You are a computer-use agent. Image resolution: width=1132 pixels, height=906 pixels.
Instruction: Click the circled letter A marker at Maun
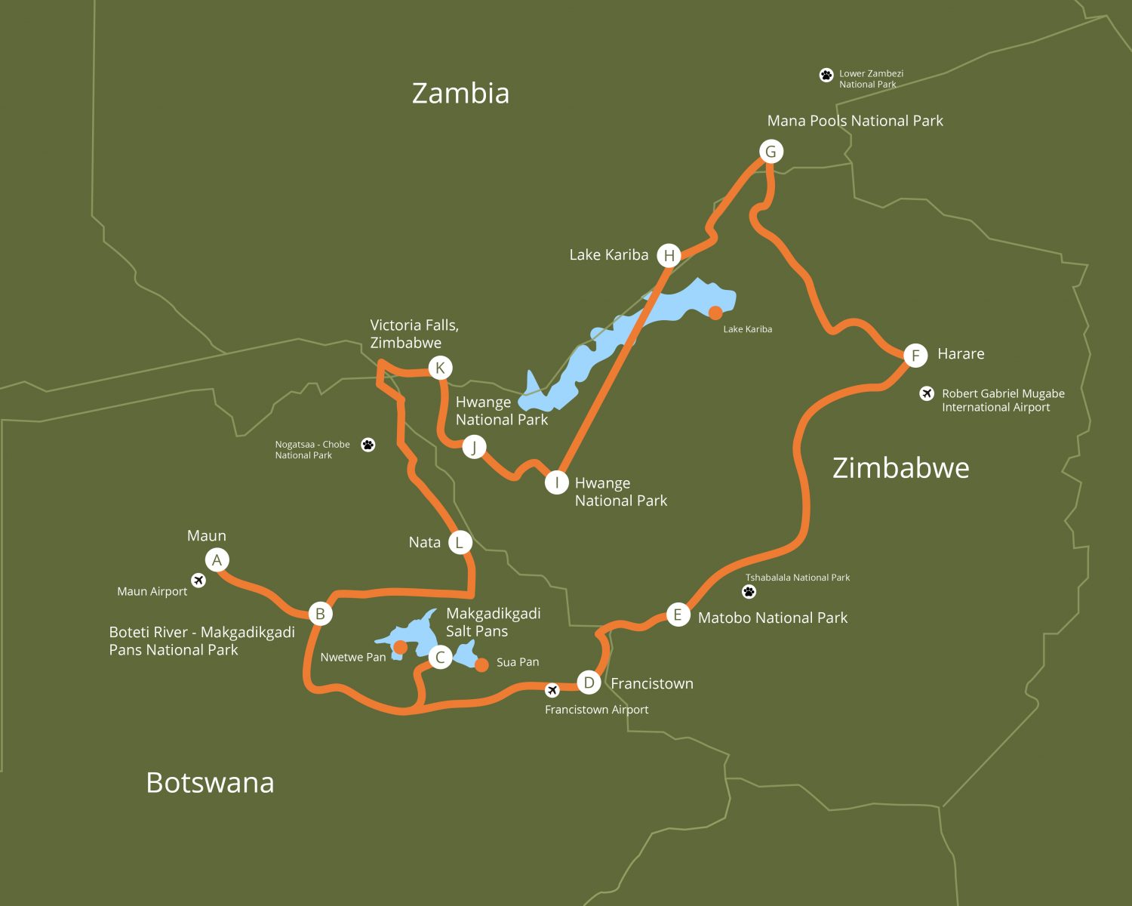pos(217,560)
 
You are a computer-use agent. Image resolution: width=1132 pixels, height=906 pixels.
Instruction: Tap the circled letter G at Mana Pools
pos(771,152)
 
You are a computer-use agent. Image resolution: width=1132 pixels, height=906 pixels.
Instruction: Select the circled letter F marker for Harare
pos(915,355)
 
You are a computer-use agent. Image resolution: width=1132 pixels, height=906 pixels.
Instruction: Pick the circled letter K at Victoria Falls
pos(440,368)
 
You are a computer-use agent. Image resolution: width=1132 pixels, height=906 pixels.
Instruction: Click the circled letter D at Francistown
pos(589,683)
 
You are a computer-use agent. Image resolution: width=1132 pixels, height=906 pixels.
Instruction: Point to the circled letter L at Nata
pos(460,542)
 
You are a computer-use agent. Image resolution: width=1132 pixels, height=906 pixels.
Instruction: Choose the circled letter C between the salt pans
pos(440,657)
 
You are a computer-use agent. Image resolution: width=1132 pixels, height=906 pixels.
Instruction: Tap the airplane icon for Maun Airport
pos(198,580)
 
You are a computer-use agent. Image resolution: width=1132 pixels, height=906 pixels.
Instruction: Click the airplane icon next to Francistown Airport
pos(552,690)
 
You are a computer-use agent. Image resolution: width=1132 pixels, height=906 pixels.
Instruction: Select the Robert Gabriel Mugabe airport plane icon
pos(927,393)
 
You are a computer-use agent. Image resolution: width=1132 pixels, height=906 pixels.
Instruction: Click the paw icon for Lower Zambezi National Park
pos(826,75)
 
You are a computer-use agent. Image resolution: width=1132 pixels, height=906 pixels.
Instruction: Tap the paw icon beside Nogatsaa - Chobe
pos(368,445)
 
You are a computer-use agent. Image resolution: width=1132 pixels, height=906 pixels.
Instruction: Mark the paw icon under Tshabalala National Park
pos(749,591)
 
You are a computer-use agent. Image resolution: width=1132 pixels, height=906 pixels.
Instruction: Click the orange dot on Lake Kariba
pos(715,313)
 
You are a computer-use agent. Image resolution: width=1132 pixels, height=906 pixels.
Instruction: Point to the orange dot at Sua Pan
pos(481,665)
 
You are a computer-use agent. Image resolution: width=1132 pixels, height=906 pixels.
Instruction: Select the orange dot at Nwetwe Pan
pos(401,647)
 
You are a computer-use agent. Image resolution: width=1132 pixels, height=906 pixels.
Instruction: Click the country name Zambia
pos(460,93)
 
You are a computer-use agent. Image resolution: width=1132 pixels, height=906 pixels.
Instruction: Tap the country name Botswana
pos(210,782)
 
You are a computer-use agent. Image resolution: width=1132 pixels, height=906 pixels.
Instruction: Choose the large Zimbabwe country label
pos(900,468)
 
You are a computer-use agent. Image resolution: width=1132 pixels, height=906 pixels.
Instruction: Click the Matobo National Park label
pos(772,618)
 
